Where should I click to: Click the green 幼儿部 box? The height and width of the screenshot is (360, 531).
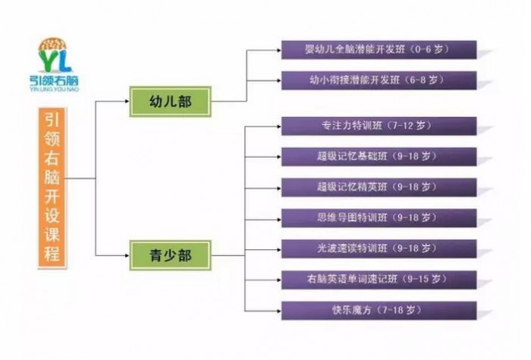pos(171,102)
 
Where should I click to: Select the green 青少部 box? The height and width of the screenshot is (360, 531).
pos(171,255)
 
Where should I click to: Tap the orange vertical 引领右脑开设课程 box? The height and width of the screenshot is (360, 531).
pos(52,188)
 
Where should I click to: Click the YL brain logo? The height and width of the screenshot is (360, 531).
pos(55,55)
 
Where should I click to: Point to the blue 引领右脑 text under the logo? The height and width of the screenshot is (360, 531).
pos(54,80)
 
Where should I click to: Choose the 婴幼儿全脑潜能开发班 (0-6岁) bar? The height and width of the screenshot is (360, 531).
pos(379,50)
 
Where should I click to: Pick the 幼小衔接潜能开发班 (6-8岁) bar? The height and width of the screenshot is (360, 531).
pos(379,80)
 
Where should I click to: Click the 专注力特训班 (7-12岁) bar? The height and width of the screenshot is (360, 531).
pos(379,127)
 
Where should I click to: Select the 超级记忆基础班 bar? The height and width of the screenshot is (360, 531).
pos(379,157)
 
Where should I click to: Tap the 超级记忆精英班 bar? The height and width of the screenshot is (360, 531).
pos(379,187)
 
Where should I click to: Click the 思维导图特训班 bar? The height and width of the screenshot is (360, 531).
pos(379,218)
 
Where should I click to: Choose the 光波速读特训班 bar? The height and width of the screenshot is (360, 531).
pos(379,249)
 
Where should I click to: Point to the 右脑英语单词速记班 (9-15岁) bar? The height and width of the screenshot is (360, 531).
pos(379,280)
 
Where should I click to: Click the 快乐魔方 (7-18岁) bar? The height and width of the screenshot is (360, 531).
pos(379,311)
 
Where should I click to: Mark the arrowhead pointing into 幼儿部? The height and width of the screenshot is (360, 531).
pos(127,101)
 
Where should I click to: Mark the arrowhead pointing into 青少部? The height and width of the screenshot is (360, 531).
pos(127,255)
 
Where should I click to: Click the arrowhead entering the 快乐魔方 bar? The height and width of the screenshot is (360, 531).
pos(279,311)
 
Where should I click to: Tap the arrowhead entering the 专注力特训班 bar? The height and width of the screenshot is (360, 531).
pos(279,127)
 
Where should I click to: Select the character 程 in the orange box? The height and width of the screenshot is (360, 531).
pos(52,253)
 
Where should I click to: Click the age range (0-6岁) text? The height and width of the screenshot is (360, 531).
pos(430,49)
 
